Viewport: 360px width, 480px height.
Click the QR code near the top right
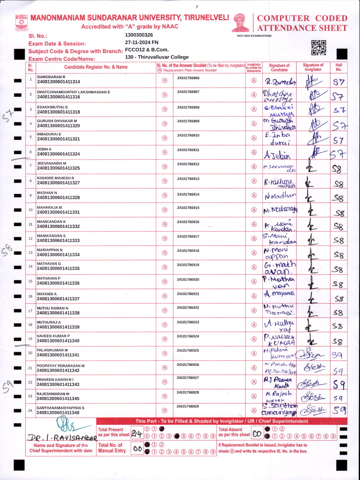318,47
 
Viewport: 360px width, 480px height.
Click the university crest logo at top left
22,23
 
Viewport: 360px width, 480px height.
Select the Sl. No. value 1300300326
139,35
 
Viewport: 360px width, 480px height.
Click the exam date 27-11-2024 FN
142,42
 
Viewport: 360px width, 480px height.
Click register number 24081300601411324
58,154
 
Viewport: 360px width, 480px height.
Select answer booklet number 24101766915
188,208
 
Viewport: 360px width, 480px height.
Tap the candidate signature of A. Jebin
277,156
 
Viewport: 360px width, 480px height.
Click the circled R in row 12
165,239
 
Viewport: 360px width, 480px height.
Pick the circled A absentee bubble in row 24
254,410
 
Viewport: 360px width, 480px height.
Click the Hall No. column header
338,67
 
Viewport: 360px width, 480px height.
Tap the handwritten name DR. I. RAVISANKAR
62,438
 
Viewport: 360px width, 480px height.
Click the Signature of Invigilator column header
313,67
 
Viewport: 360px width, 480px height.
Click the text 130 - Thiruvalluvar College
157,57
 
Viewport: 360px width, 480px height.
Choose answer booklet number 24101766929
188,406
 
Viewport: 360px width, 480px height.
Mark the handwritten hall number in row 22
339,385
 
